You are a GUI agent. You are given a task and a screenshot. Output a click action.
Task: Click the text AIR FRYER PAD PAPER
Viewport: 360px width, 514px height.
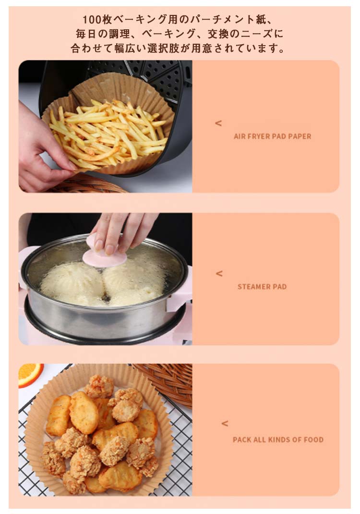pyautogui.click(x=273, y=136)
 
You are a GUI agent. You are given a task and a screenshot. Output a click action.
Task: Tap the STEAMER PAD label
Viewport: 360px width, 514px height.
pyautogui.click(x=262, y=286)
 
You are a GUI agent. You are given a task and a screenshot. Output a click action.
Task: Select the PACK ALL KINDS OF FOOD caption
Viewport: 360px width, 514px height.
pyautogui.click(x=278, y=440)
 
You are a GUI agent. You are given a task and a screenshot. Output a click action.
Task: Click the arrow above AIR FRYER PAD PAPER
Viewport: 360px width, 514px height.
pyautogui.click(x=218, y=123)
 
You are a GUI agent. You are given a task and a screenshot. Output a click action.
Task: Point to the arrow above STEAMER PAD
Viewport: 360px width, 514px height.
pyautogui.click(x=219, y=273)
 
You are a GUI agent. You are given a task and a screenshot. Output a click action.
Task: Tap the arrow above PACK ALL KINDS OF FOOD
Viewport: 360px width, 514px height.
pyautogui.click(x=225, y=423)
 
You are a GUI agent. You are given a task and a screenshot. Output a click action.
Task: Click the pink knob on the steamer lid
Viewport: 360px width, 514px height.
pyautogui.click(x=104, y=252)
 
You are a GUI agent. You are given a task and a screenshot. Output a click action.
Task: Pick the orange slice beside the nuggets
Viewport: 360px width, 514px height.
pyautogui.click(x=30, y=374)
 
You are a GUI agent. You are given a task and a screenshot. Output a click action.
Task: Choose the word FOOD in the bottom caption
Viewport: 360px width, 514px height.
pyautogui.click(x=313, y=440)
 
